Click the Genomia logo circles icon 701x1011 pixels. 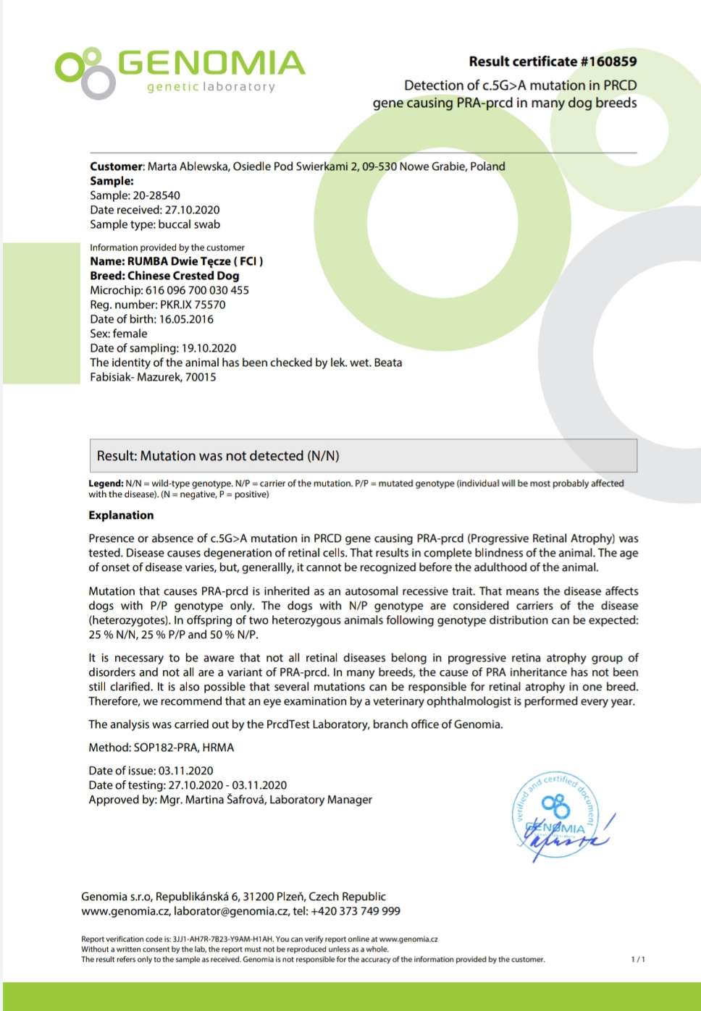[x=85, y=72]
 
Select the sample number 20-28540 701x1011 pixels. [x=156, y=195]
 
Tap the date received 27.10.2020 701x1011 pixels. [x=192, y=210]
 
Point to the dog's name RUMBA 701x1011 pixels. [x=148, y=261]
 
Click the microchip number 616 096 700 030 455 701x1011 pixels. [x=197, y=290]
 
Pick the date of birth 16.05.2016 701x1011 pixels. [x=186, y=319]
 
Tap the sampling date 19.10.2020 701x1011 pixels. [x=209, y=348]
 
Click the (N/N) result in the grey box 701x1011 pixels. [x=323, y=456]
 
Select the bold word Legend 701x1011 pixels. [x=106, y=483]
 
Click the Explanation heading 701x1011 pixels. [x=121, y=515]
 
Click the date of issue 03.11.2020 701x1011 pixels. [x=185, y=771]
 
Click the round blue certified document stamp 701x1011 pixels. [x=556, y=815]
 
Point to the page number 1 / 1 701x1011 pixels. [x=637, y=960]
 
